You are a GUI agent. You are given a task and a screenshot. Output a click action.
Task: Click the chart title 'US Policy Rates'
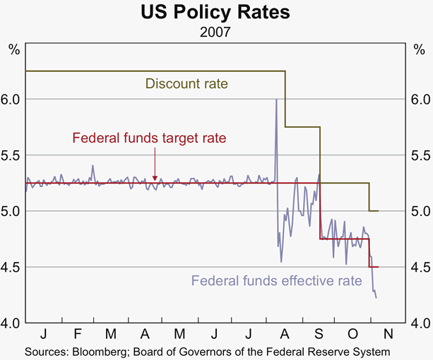(215, 13)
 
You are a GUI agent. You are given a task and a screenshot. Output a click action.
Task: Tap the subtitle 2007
(215, 30)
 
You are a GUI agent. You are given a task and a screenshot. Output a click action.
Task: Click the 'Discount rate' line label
(186, 84)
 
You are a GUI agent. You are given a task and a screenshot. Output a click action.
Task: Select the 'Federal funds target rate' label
(149, 138)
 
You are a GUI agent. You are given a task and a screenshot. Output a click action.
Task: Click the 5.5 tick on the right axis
(420, 155)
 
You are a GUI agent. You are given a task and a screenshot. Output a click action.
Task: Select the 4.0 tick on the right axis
(420, 323)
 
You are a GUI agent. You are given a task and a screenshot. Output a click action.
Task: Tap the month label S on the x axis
(319, 333)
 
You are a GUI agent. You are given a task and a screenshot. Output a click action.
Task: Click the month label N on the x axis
(388, 333)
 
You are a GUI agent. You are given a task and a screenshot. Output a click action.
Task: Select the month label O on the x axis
(354, 333)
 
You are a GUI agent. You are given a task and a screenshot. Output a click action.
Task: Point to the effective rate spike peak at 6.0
(275, 100)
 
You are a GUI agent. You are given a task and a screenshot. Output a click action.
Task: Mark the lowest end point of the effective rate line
(376, 298)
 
